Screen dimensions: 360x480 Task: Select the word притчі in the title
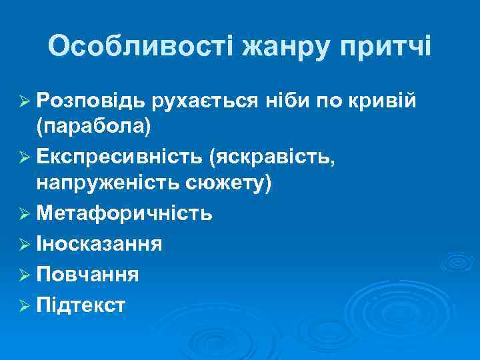click(386, 47)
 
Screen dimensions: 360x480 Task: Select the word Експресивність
click(119, 157)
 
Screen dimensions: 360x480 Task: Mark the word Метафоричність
click(125, 213)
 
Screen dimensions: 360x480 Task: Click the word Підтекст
click(81, 305)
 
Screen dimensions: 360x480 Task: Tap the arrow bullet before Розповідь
click(25, 101)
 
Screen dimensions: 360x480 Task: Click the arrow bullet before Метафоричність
click(25, 214)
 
